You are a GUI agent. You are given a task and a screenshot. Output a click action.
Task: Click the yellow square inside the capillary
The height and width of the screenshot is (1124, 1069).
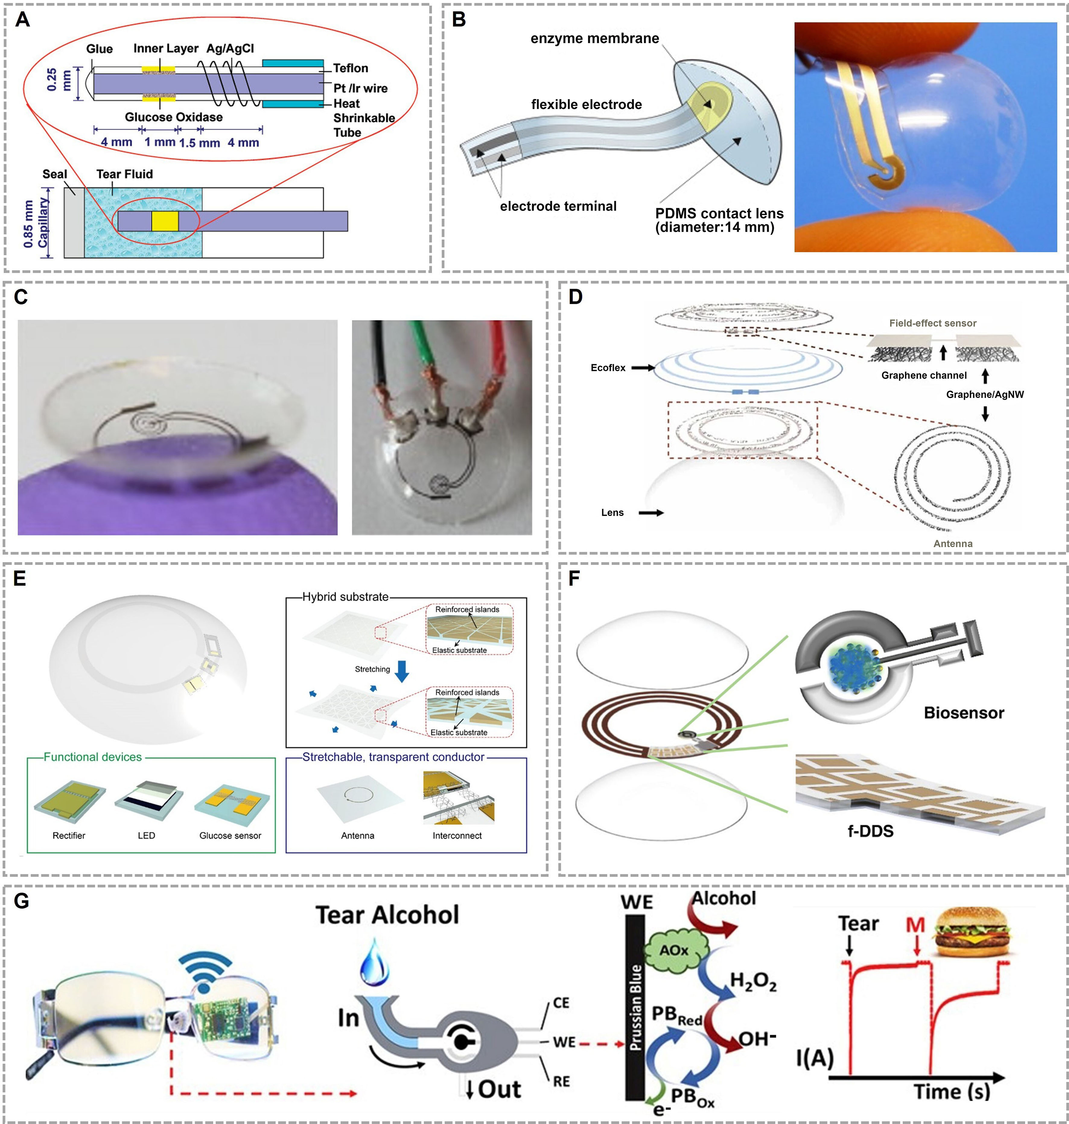pyautogui.click(x=165, y=221)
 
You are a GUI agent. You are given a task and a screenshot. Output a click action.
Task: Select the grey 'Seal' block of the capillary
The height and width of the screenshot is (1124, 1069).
pyautogui.click(x=74, y=222)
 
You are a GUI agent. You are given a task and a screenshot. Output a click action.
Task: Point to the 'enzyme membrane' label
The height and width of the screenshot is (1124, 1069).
pyautogui.click(x=594, y=38)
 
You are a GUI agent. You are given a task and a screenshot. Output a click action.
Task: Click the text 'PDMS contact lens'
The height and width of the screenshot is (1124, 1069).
pyautogui.click(x=719, y=213)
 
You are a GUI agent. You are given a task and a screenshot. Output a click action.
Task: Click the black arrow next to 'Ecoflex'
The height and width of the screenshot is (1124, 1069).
pyautogui.click(x=643, y=368)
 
